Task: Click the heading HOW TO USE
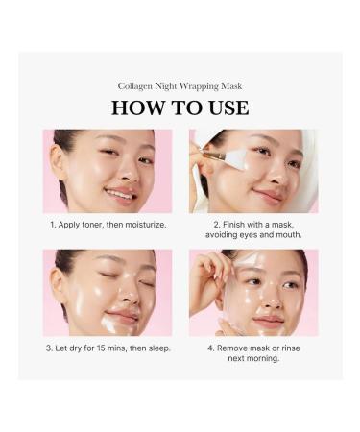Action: [x=180, y=108]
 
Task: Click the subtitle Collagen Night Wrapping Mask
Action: [x=180, y=85]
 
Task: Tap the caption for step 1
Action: [x=108, y=225]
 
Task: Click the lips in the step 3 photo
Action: [x=122, y=316]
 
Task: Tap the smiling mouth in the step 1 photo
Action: [x=121, y=193]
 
